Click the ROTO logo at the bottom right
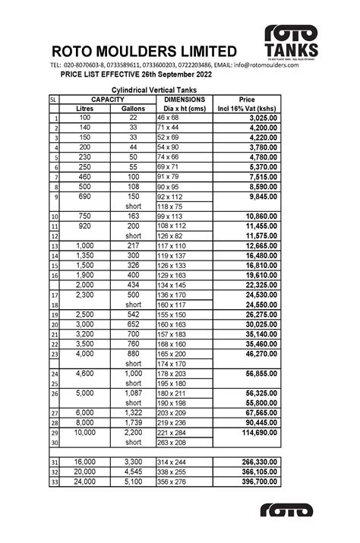(x=286, y=510)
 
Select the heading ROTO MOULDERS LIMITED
(x=144, y=51)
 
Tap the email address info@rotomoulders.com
(x=267, y=65)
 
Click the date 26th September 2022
(x=166, y=76)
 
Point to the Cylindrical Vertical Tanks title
(x=166, y=90)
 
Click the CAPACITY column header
(x=107, y=99)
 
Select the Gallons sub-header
(x=133, y=109)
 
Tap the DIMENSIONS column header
(x=184, y=99)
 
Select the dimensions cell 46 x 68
(x=168, y=118)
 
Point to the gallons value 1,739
(x=134, y=422)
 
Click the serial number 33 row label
(x=54, y=482)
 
